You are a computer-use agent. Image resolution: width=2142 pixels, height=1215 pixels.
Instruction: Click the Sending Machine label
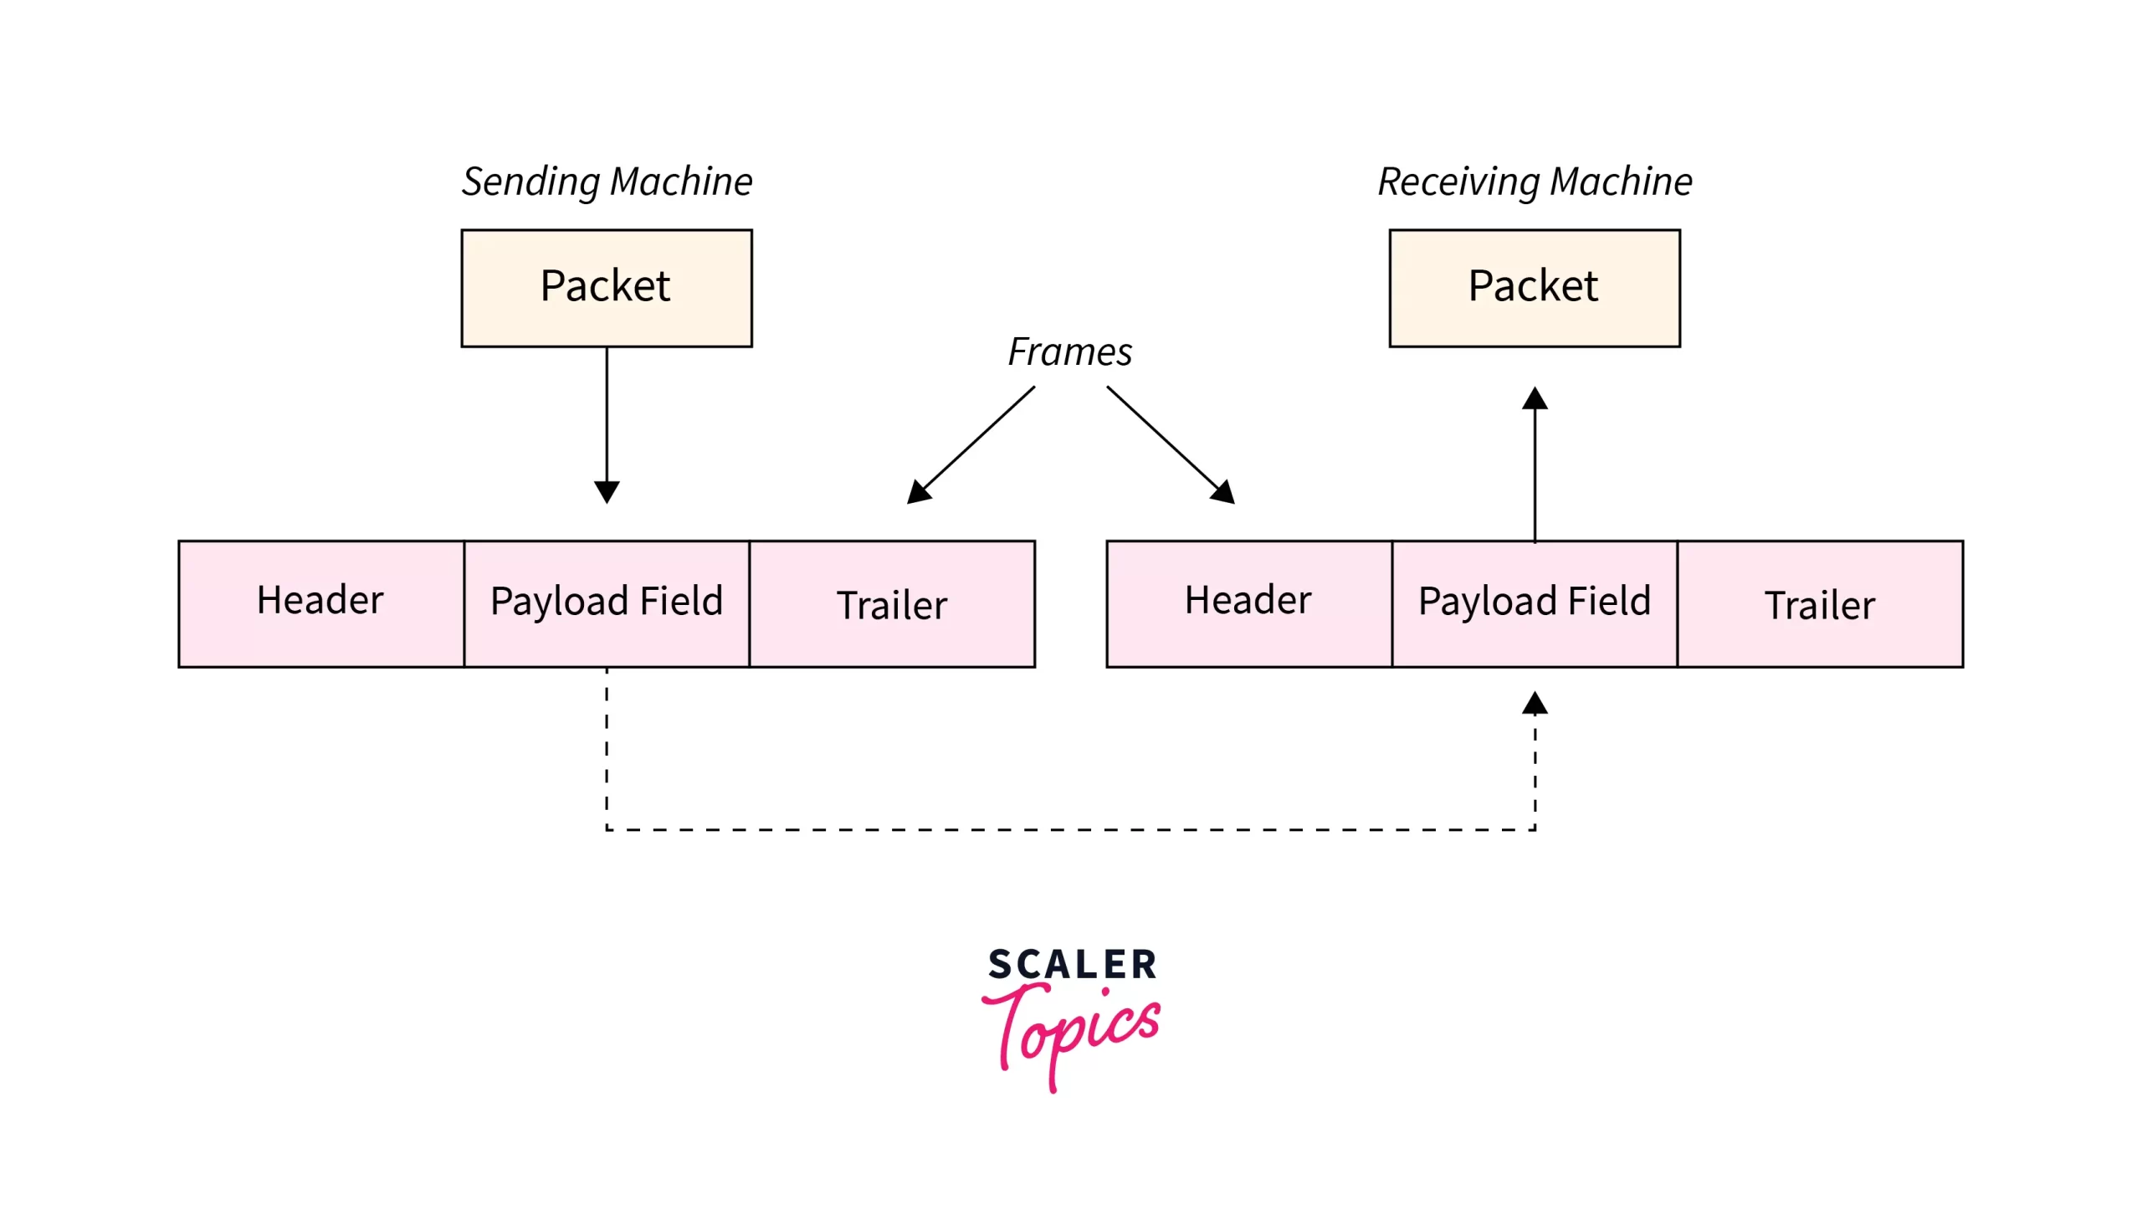[607, 182]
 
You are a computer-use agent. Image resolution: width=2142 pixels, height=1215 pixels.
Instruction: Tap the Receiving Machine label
[1535, 182]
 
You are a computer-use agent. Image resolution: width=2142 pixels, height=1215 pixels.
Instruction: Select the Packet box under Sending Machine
[607, 288]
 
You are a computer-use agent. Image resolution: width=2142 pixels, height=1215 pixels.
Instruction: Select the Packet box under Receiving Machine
[1535, 288]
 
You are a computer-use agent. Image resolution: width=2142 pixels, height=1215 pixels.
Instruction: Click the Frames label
[1069, 352]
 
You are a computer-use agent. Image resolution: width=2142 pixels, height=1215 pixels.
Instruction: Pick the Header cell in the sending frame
[321, 603]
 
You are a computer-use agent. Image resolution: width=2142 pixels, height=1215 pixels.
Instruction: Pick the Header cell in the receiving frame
[1248, 603]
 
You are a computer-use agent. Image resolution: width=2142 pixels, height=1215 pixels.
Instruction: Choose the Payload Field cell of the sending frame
[607, 603]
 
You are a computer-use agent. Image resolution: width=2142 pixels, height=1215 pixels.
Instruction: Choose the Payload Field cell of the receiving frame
[1535, 603]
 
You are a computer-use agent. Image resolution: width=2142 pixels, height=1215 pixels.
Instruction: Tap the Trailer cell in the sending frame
[892, 603]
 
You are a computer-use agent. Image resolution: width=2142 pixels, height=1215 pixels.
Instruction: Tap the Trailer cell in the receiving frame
[1820, 603]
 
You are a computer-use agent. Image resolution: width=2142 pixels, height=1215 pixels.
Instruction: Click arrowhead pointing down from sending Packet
[607, 491]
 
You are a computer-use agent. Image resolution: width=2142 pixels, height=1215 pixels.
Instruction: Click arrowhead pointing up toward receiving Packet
[1535, 398]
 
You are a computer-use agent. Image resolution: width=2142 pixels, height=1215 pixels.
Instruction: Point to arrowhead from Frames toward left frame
[919, 492]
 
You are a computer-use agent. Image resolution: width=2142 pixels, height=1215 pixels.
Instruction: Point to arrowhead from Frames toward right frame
[1223, 492]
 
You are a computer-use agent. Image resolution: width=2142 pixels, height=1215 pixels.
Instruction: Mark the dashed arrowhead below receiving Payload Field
[1535, 704]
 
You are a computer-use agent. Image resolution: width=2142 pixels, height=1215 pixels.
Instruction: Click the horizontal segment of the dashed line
[1069, 829]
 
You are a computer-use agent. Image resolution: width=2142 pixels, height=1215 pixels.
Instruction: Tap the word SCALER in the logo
[1073, 964]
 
